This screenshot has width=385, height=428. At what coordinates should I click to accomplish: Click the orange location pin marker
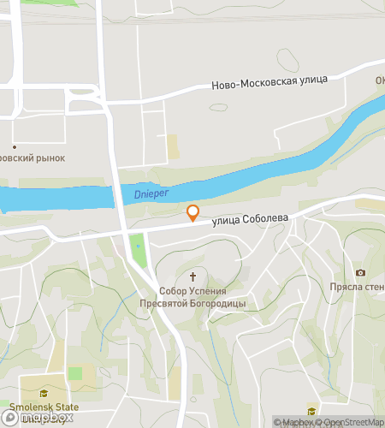(x=193, y=212)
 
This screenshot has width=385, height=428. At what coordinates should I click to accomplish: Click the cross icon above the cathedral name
(x=193, y=276)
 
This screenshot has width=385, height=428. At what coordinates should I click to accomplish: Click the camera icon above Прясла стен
(x=359, y=272)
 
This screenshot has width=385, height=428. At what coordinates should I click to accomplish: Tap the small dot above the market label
(x=14, y=146)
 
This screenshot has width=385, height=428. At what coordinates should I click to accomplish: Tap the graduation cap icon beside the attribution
(x=311, y=410)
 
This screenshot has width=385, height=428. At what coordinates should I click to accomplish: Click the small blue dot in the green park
(x=137, y=247)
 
